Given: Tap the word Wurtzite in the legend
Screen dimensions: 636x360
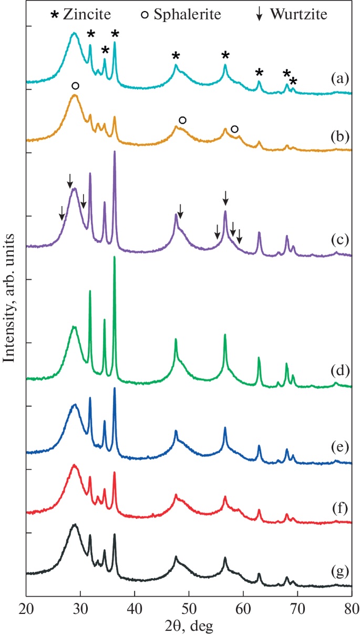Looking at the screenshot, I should (298, 14).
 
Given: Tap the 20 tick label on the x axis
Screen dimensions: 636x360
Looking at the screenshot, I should (26, 609).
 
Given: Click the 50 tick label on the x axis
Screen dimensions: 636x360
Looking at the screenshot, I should (189, 609).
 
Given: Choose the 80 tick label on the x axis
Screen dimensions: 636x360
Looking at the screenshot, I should (351, 609).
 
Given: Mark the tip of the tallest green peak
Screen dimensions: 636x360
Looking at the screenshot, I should (114, 257).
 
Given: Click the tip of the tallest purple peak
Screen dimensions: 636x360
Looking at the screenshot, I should (114, 151).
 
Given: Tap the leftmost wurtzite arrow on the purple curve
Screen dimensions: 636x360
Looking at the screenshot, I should (61, 212).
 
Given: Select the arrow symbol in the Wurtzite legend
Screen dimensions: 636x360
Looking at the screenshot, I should (259, 15).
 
